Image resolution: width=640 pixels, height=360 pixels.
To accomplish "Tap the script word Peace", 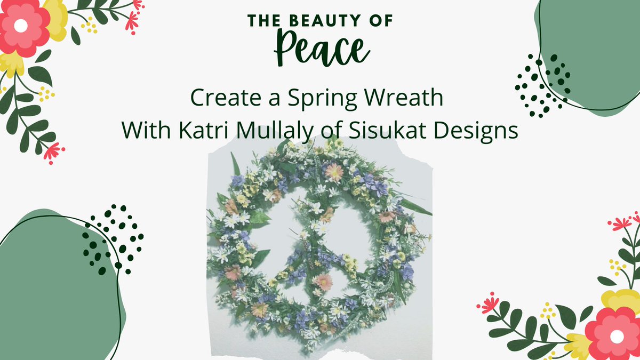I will pyautogui.click(x=320, y=49).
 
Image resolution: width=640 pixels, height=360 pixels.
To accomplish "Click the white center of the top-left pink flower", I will pyautogui.click(x=21, y=26).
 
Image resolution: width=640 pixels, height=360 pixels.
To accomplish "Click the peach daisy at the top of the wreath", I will pyautogui.click(x=334, y=172).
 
